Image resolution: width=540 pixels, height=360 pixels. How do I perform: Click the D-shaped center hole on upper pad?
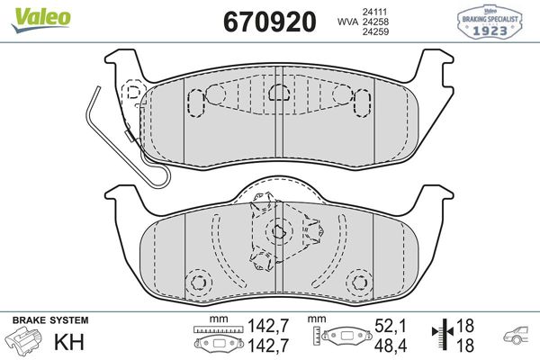point(278,90)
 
